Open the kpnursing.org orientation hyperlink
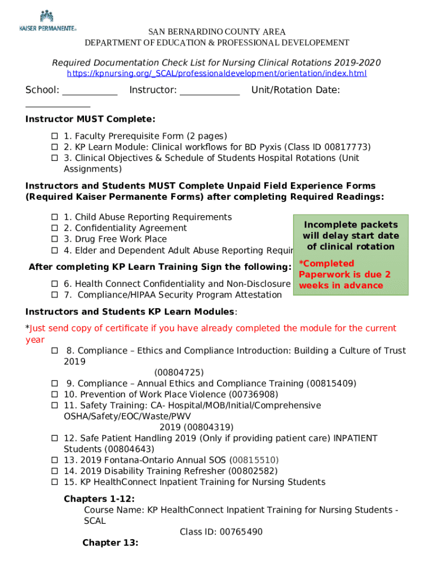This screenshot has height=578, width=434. [216, 73]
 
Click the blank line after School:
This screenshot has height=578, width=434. [89, 90]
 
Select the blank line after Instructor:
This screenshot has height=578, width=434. [209, 90]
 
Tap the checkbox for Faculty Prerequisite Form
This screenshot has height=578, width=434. [55, 136]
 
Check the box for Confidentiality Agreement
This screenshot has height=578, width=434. [55, 228]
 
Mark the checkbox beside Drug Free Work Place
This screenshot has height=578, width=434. [55, 239]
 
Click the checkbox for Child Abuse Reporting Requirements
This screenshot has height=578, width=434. [55, 217]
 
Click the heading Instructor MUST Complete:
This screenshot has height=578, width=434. [90, 119]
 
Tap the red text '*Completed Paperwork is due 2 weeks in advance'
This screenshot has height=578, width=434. [344, 274]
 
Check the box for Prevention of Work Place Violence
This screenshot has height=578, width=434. [55, 395]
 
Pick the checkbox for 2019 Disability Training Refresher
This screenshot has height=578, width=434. [55, 471]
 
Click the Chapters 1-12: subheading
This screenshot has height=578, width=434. [99, 499]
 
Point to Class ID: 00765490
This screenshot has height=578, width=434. [221, 532]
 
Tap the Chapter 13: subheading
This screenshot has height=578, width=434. [110, 543]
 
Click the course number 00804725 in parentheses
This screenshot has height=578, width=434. [179, 373]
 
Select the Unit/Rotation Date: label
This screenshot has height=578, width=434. [295, 90]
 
